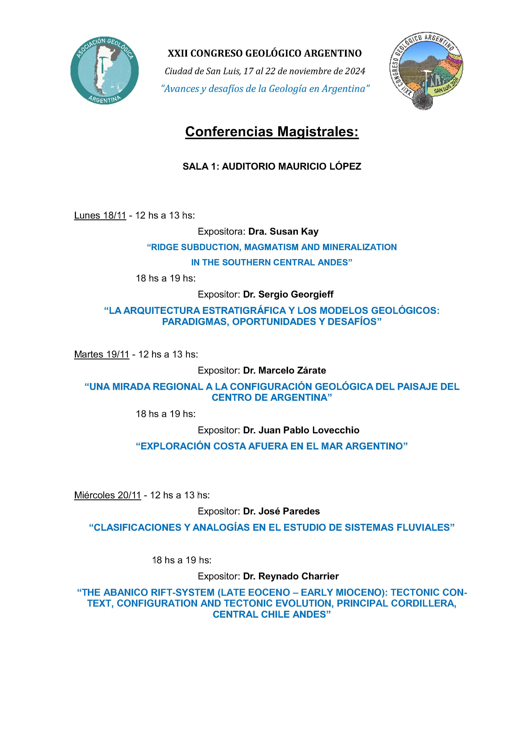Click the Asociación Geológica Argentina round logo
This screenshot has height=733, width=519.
(105, 70)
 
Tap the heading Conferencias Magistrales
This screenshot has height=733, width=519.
(272, 131)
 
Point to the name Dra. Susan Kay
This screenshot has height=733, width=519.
(283, 232)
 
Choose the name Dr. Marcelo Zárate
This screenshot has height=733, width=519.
(284, 370)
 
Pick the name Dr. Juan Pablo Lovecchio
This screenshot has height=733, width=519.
(301, 430)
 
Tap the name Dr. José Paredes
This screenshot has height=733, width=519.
(281, 511)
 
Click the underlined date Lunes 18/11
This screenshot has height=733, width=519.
(100, 215)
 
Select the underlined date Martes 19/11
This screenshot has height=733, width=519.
(102, 354)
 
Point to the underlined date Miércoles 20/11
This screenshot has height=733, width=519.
(107, 495)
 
